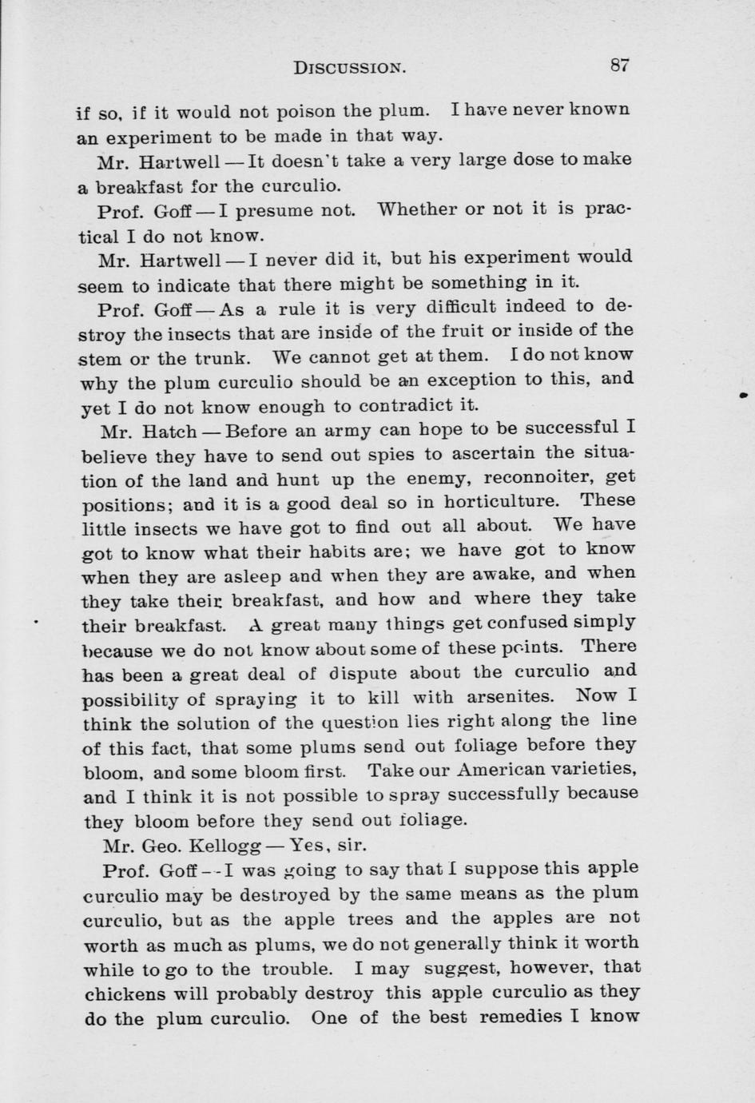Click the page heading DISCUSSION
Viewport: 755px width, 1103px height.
point(350,68)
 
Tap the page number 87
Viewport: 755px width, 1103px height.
point(620,66)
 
